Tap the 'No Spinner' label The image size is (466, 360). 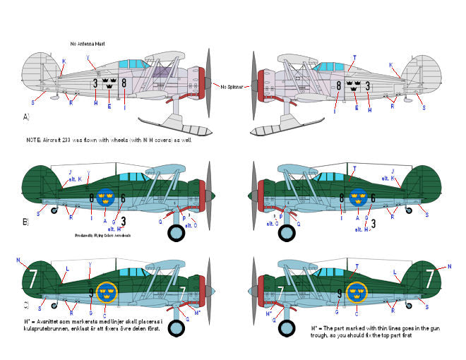[x=232, y=86]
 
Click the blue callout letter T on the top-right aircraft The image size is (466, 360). [x=354, y=57]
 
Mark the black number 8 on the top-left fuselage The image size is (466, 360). [x=124, y=83]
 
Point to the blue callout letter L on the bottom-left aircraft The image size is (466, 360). [x=67, y=269]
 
